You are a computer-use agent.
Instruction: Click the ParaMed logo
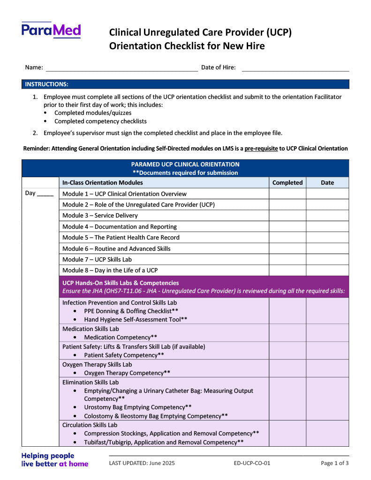pos(51,30)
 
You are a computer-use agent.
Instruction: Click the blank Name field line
pos(121,68)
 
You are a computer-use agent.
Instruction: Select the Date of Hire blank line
pos(295,68)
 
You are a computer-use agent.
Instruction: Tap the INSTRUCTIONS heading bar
pos(185,84)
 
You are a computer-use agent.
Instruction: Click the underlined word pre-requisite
pos(261,149)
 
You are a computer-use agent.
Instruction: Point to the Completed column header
pos(288,183)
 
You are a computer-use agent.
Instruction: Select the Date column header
pos(327,183)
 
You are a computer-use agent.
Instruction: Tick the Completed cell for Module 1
pos(288,194)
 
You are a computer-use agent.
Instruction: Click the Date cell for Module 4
pos(327,227)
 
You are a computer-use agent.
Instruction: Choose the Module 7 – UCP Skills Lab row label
pos(98,260)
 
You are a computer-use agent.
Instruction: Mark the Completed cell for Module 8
pos(288,270)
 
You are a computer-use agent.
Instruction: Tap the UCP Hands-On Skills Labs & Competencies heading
pos(121,283)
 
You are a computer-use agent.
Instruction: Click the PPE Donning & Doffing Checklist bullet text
pos(131,311)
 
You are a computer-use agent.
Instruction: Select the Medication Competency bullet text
pos(121,337)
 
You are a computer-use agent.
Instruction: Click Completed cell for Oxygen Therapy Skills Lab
pos(288,368)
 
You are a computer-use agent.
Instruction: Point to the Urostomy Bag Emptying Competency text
pos(138,407)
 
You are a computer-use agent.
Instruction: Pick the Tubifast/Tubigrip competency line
pos(164,442)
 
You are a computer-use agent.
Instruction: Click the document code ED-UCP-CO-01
pos(252,464)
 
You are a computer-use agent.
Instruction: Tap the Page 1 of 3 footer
pos(334,464)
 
